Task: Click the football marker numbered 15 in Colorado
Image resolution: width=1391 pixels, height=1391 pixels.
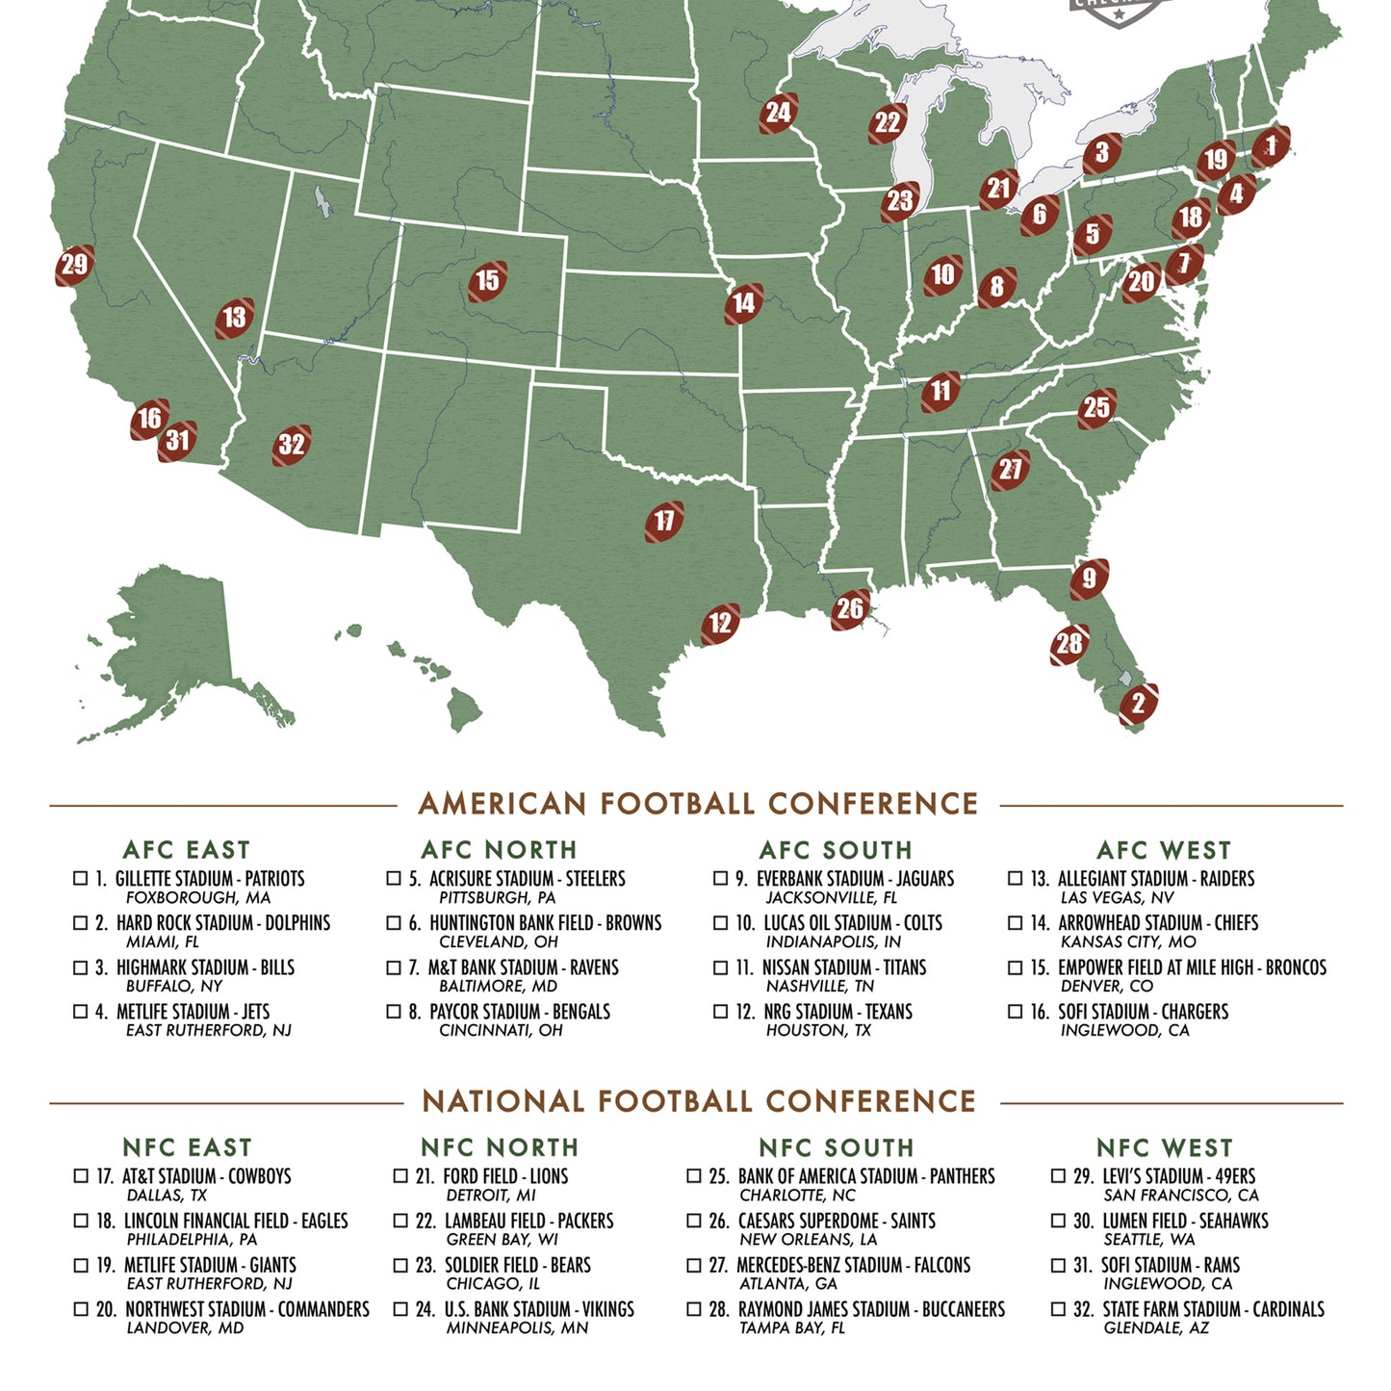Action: click(x=488, y=281)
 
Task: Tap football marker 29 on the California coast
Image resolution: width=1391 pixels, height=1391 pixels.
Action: click(x=74, y=265)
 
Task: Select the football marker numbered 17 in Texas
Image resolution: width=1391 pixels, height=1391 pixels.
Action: click(x=664, y=521)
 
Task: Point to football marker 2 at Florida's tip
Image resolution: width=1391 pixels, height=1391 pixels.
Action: click(x=1138, y=704)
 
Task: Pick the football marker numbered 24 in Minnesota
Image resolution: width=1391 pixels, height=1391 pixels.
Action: click(x=778, y=114)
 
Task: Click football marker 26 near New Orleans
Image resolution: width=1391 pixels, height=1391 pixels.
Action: click(x=850, y=609)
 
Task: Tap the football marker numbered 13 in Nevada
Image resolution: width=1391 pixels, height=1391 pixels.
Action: click(x=235, y=318)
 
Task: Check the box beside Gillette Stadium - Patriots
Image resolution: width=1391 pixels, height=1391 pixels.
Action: click(x=81, y=878)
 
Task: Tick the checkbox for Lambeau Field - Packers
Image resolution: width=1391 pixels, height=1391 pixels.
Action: click(x=400, y=1221)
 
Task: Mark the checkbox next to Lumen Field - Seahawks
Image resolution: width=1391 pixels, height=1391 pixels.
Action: click(x=1058, y=1221)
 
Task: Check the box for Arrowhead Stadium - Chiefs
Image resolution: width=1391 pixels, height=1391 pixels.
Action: click(x=1015, y=922)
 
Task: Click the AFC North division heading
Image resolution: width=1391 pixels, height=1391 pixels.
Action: click(x=499, y=850)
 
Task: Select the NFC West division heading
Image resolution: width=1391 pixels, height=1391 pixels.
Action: click(x=1164, y=1147)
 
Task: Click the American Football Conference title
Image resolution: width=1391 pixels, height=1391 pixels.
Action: click(x=698, y=804)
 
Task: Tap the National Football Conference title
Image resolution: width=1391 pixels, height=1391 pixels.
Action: click(x=699, y=1101)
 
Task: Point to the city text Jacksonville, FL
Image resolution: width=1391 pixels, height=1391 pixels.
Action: click(x=831, y=897)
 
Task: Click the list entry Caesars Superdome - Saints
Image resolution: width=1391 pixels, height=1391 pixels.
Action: click(x=836, y=1221)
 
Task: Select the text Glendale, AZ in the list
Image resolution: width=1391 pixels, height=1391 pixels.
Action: click(x=1155, y=1327)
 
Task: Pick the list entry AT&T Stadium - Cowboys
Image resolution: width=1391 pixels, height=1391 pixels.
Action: click(x=206, y=1176)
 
